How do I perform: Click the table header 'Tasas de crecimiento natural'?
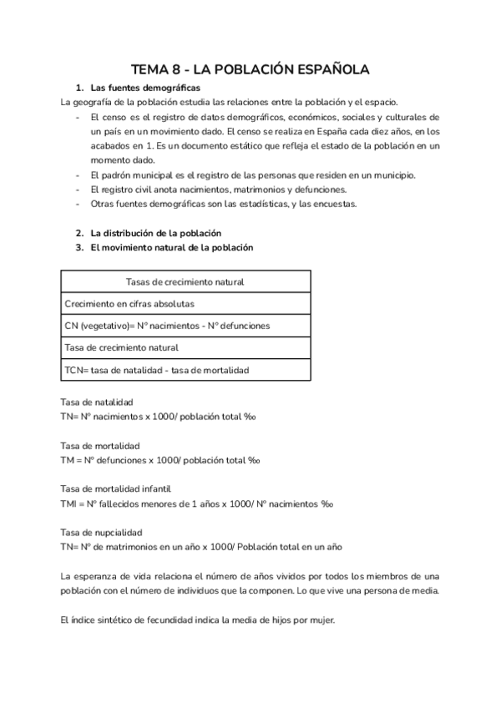coord(185,282)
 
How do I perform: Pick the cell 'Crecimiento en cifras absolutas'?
coord(129,304)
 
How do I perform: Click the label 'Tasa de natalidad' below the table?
coord(98,402)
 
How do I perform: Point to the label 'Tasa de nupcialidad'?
coord(102,532)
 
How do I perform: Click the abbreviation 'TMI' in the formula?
coord(70,503)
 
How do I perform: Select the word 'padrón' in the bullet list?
coord(113,174)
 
